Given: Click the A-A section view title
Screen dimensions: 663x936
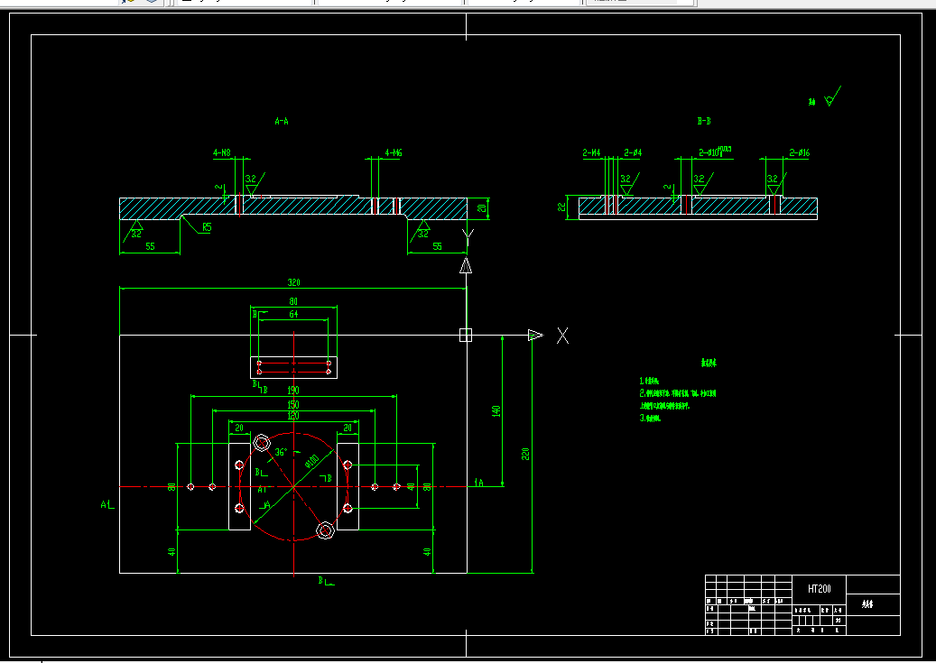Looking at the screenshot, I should [x=282, y=120].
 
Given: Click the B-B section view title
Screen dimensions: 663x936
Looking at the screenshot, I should [x=704, y=121].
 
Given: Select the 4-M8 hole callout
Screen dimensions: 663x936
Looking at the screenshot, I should [x=222, y=153].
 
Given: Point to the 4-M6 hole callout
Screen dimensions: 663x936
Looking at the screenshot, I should [x=393, y=153].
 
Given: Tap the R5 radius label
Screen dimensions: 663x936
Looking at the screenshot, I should [x=207, y=227].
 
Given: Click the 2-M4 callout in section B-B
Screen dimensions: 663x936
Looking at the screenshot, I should [x=591, y=153].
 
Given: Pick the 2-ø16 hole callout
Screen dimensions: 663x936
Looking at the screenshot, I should [x=799, y=153].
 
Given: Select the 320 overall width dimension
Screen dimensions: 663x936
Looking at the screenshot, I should [x=293, y=282].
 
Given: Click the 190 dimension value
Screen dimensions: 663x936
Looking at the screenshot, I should [x=293, y=391].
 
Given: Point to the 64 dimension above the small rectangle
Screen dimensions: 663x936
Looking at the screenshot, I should [x=293, y=315].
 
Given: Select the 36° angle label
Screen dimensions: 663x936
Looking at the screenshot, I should [x=281, y=452].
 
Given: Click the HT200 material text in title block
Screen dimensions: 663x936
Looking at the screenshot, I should [x=820, y=588].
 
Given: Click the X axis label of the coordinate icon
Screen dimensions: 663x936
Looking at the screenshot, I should [x=562, y=336].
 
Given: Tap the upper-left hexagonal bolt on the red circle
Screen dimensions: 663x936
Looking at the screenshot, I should [x=263, y=443].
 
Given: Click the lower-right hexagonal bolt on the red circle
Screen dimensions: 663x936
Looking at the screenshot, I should [x=326, y=529].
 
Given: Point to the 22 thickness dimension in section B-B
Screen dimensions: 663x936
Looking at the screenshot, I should [x=562, y=207].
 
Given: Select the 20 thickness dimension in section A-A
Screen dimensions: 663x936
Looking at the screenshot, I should [x=482, y=208].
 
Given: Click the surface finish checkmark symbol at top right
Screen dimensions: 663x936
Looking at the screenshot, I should [x=831, y=97].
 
